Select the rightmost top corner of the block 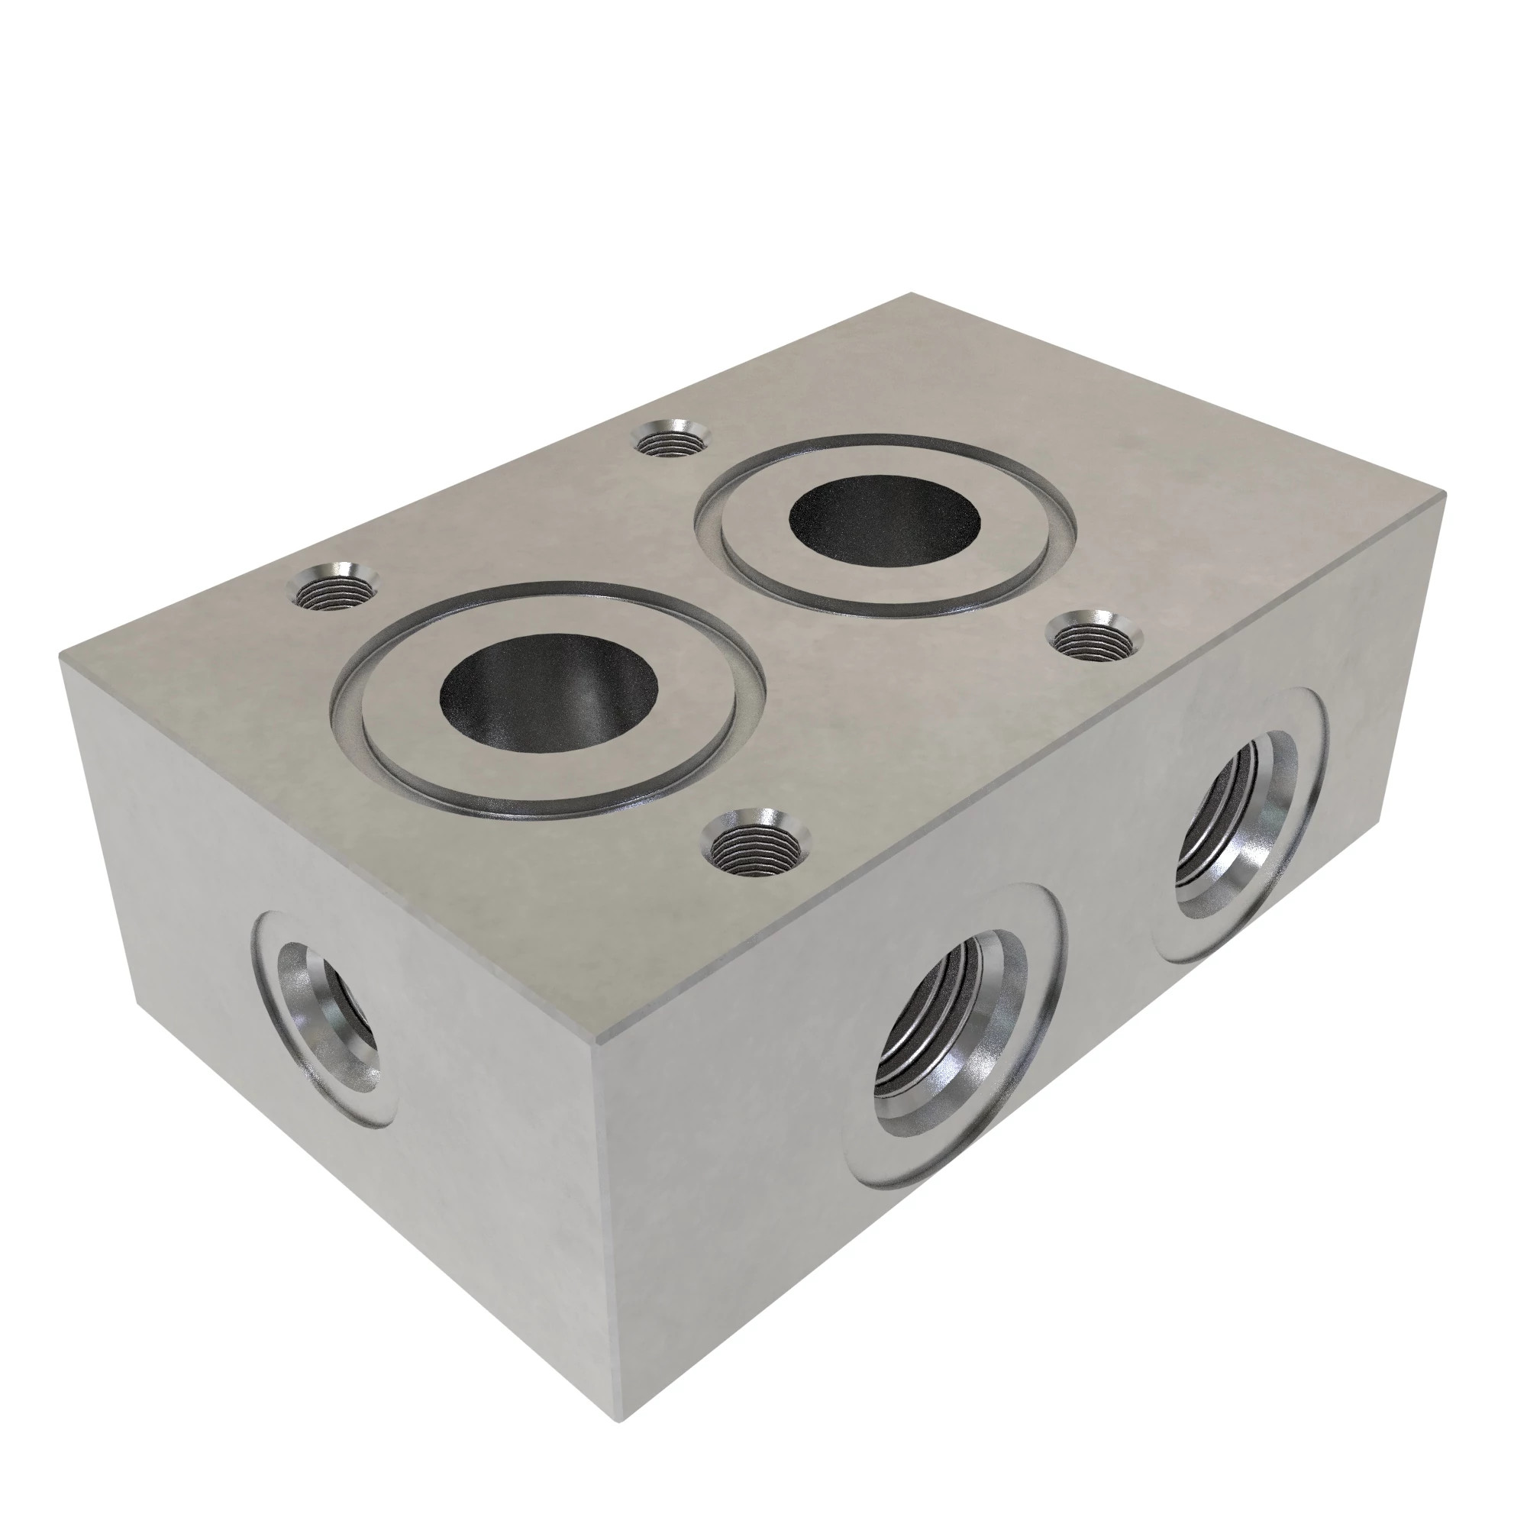coord(1445,492)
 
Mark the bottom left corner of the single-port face coord(142,1008)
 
